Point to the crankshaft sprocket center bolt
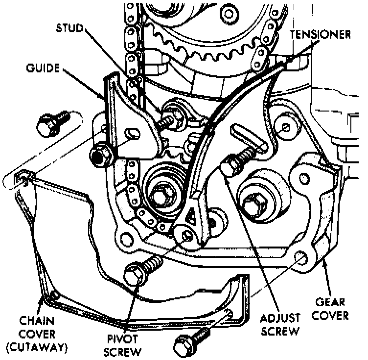coord(160,195)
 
